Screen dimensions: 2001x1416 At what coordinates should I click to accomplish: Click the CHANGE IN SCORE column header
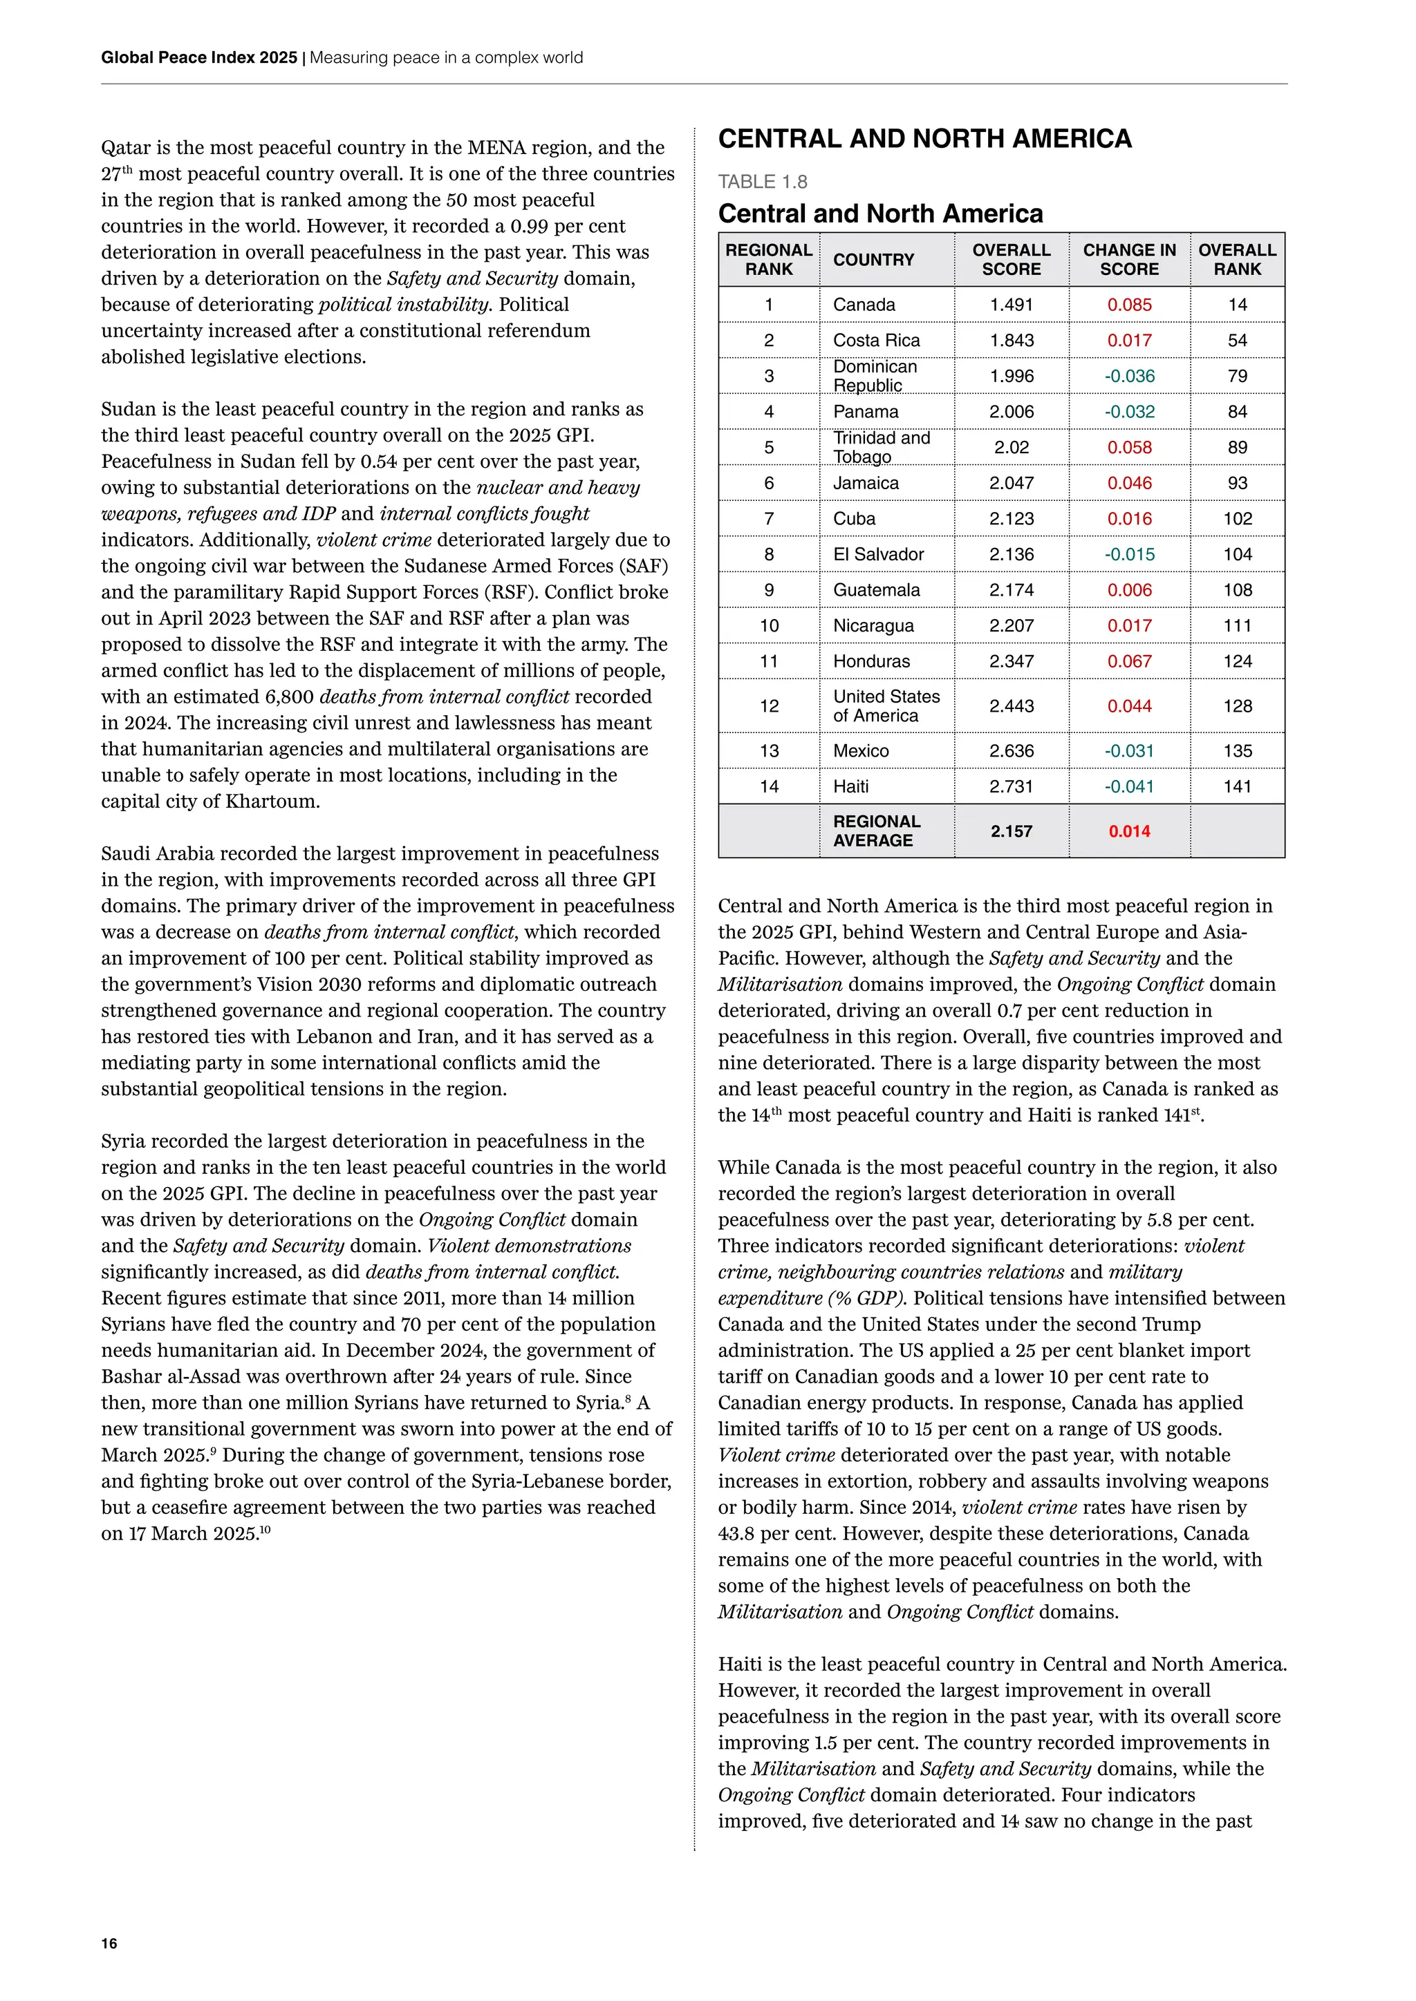coord(1129,260)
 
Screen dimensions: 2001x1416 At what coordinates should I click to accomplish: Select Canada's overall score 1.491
coord(1012,305)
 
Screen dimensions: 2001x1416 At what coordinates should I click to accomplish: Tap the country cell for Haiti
coord(851,786)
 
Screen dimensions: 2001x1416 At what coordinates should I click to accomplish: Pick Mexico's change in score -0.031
coord(1129,750)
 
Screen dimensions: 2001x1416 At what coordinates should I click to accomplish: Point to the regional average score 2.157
coord(1012,831)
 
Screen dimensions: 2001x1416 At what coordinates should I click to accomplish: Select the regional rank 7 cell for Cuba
coord(768,518)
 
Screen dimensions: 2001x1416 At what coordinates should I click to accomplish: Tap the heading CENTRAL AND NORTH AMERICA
coord(924,139)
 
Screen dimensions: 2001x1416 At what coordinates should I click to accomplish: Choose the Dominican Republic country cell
coord(875,376)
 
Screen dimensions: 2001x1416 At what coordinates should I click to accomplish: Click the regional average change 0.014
coord(1129,831)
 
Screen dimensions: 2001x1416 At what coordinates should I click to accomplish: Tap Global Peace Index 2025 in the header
coord(199,57)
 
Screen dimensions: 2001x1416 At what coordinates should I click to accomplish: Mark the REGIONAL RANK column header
coord(768,260)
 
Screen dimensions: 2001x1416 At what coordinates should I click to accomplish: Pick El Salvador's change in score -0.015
coord(1129,554)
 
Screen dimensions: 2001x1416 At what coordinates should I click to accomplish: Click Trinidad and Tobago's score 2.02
coord(1012,447)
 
